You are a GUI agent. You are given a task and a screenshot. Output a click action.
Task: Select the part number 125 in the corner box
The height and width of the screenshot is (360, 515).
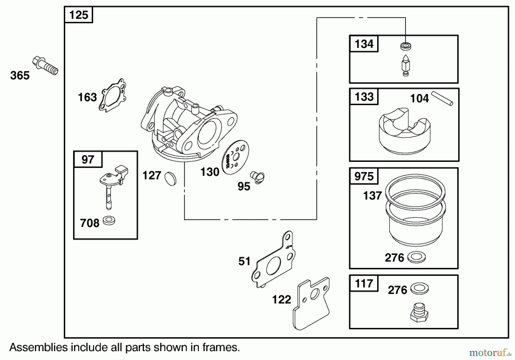pyautogui.click(x=79, y=15)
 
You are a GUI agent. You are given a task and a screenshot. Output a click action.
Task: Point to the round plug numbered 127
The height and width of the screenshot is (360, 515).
pyautogui.click(x=171, y=179)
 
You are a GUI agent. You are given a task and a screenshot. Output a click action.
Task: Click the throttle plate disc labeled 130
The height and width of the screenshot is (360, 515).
pyautogui.click(x=236, y=157)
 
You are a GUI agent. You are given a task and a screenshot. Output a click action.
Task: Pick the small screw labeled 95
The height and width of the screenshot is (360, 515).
pyautogui.click(x=257, y=177)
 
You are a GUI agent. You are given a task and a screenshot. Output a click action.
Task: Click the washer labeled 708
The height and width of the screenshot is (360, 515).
pyautogui.click(x=109, y=220)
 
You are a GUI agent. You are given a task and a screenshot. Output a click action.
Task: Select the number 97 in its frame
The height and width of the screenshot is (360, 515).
pyautogui.click(x=88, y=160)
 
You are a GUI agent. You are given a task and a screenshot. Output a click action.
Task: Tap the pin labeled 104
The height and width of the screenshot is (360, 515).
pyautogui.click(x=442, y=98)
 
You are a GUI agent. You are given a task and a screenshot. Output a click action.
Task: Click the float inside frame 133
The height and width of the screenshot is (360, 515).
pyautogui.click(x=405, y=132)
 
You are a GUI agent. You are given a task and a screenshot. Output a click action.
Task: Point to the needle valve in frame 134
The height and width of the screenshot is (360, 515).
pyautogui.click(x=406, y=66)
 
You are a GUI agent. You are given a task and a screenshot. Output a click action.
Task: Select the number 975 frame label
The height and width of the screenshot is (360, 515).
pyautogui.click(x=364, y=176)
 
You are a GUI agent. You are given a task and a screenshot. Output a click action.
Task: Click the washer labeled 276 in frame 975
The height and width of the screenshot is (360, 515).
pyautogui.click(x=416, y=257)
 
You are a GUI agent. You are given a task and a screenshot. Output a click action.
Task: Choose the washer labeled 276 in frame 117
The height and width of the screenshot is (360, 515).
pyautogui.click(x=419, y=289)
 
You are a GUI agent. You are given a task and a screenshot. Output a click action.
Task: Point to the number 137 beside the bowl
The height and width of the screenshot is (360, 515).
pyautogui.click(x=372, y=196)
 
